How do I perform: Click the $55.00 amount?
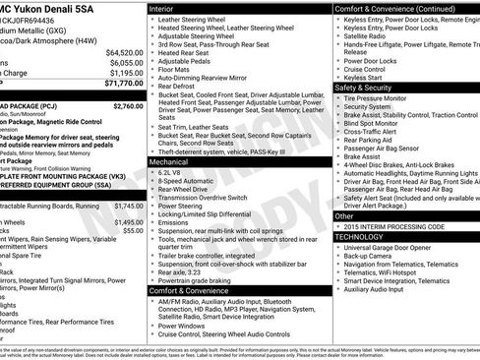tap(134, 231)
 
